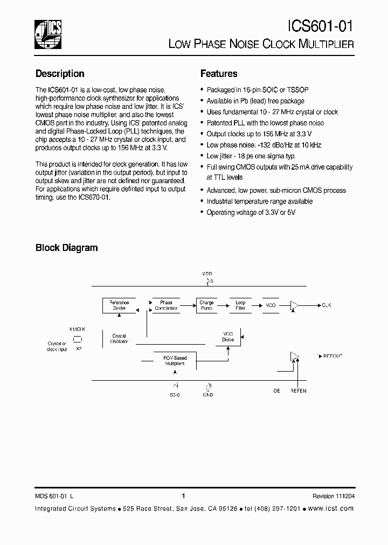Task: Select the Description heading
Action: point(60,74)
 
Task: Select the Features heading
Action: point(219,74)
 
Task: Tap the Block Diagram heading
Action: point(67,248)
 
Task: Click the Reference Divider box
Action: point(119,305)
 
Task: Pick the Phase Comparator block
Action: point(166,305)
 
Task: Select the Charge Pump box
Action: point(206,305)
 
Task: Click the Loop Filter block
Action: point(240,305)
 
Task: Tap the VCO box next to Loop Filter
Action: point(271,305)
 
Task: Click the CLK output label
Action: point(327,305)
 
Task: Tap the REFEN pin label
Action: point(298,390)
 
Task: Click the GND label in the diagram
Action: point(208,395)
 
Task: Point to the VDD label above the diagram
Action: point(207,274)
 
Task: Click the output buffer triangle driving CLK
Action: point(294,305)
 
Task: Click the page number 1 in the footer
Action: point(184,496)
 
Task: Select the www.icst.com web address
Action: point(331,508)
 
